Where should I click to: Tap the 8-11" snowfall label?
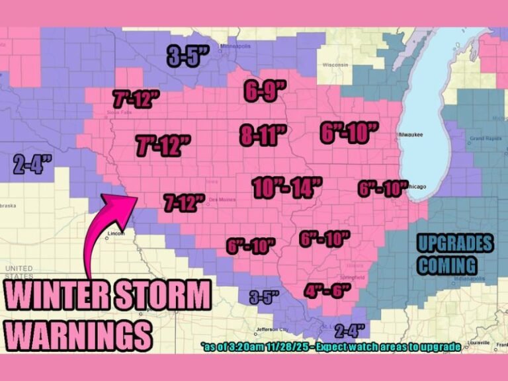click(x=263, y=135)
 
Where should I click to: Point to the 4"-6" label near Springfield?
click(x=327, y=290)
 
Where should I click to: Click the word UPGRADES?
click(x=455, y=243)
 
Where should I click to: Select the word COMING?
click(x=447, y=266)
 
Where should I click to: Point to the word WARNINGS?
click(x=79, y=335)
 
